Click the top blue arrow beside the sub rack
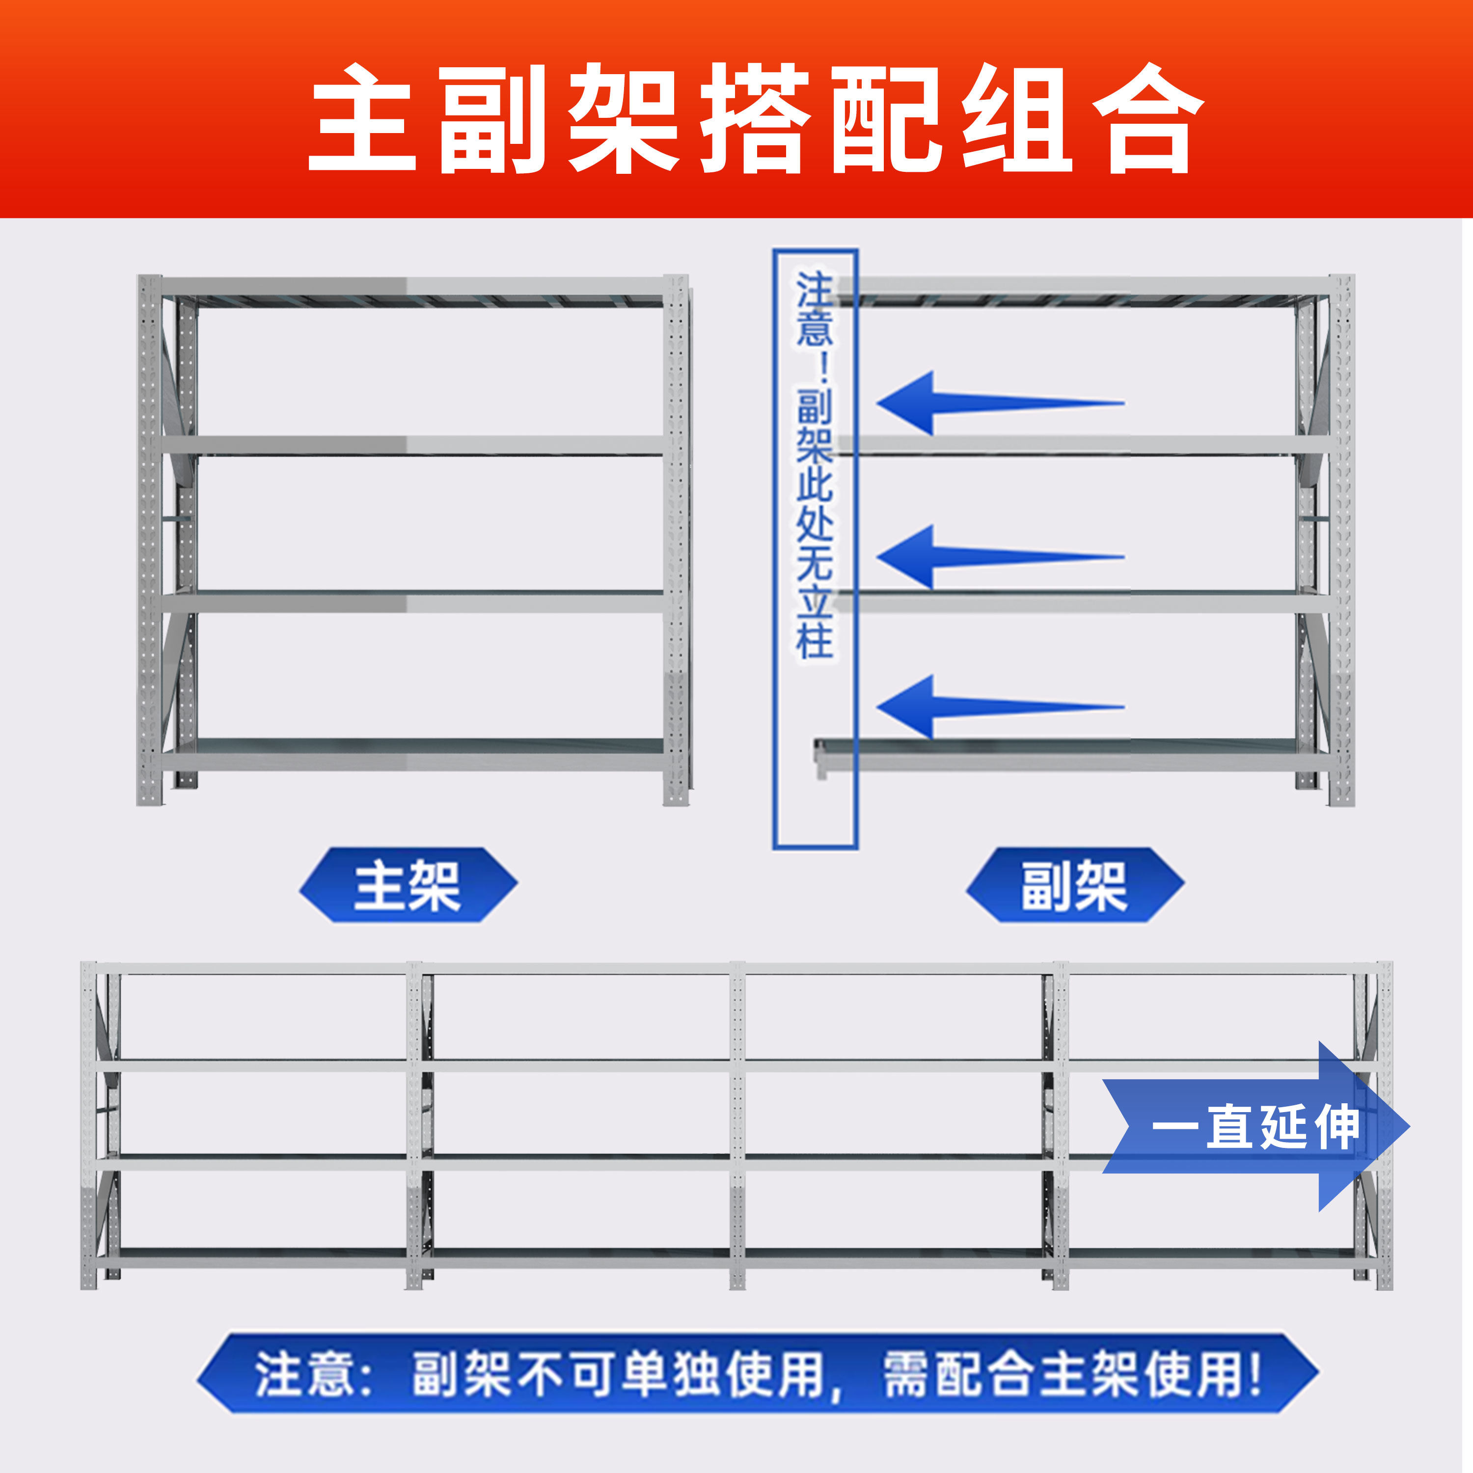click(999, 403)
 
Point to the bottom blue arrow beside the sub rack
click(999, 706)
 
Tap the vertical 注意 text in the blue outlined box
click(814, 309)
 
